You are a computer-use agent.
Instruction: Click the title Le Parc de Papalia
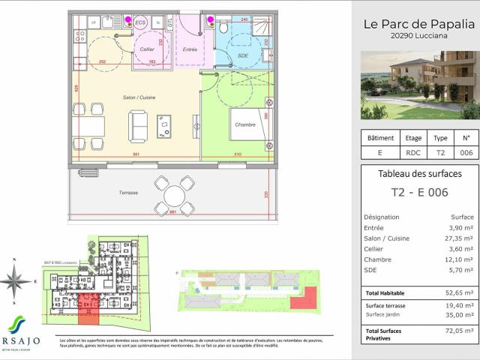click(419, 24)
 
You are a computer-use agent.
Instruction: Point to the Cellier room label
click(148, 49)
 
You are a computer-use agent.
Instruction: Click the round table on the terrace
click(173, 196)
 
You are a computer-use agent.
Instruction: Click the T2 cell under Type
click(440, 152)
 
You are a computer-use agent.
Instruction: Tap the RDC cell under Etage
click(414, 152)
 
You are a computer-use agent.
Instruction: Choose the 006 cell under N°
click(466, 152)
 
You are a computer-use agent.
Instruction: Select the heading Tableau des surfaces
click(419, 174)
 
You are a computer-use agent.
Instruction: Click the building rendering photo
click(419, 85)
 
